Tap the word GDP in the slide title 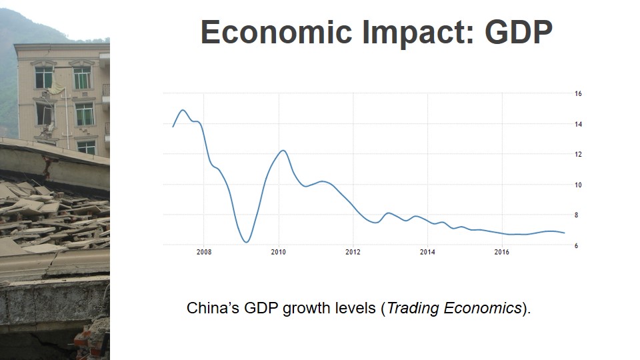pyautogui.click(x=519, y=33)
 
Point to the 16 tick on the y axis pyautogui.click(x=578, y=94)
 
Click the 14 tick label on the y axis pyautogui.click(x=578, y=124)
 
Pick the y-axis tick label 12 pyautogui.click(x=578, y=154)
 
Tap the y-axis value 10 pyautogui.click(x=578, y=185)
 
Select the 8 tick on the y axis pyautogui.click(x=578, y=215)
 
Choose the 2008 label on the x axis pyautogui.click(x=204, y=253)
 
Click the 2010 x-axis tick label pyautogui.click(x=279, y=253)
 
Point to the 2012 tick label pyautogui.click(x=353, y=253)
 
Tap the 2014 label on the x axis pyautogui.click(x=428, y=253)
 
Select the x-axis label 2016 pyautogui.click(x=502, y=253)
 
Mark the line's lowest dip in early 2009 pyautogui.click(x=247, y=242)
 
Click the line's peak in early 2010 pyautogui.click(x=283, y=151)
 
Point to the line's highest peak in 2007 pyautogui.click(x=183, y=110)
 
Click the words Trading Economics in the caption pyautogui.click(x=454, y=308)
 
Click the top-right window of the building pyautogui.click(x=82, y=77)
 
